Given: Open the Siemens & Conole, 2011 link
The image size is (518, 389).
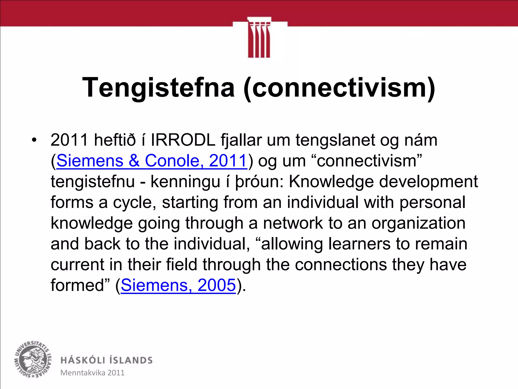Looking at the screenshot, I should (152, 161).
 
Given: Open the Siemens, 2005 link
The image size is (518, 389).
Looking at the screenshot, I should (178, 285).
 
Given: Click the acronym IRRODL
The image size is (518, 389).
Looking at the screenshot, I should (183, 140).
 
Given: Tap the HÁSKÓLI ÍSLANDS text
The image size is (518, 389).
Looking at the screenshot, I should (106, 360).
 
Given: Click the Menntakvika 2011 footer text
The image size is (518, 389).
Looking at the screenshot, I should (92, 373).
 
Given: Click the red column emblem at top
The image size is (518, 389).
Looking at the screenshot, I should (259, 38).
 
